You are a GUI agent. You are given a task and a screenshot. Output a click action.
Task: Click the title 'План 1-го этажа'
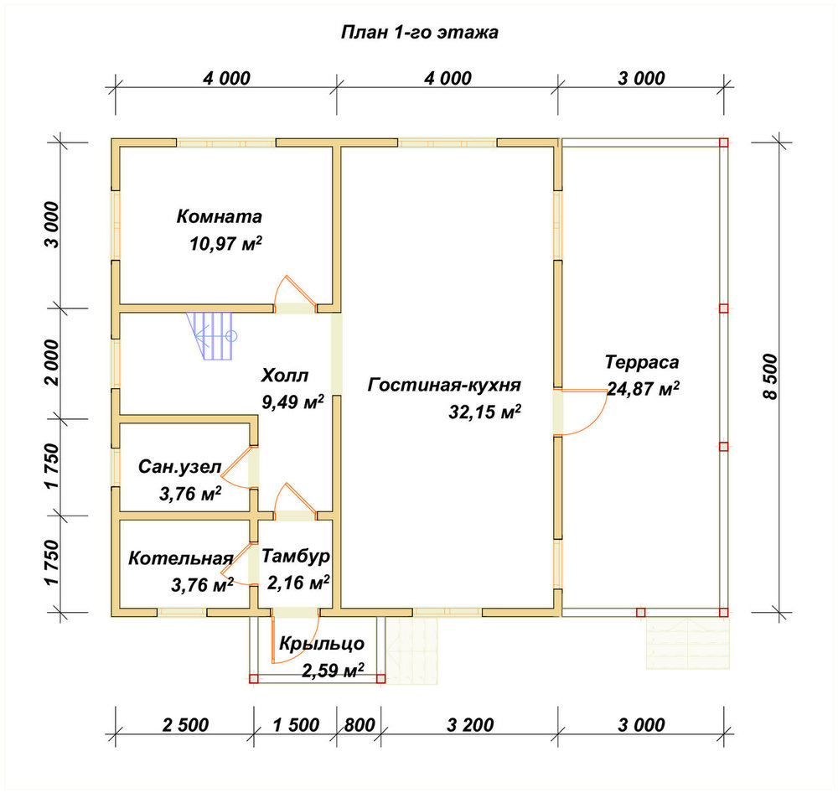(x=420, y=33)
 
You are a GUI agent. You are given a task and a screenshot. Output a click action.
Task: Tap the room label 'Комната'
(x=219, y=216)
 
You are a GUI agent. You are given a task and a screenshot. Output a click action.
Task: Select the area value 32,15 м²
(x=484, y=412)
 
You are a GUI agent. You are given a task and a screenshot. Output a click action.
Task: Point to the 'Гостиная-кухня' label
(x=444, y=385)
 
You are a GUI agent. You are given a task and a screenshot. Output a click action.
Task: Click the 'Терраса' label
(x=642, y=362)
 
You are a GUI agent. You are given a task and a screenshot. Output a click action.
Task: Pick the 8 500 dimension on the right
(x=771, y=376)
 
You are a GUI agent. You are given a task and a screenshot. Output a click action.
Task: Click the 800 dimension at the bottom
(x=360, y=725)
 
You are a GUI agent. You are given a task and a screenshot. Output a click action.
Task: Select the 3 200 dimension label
(x=470, y=725)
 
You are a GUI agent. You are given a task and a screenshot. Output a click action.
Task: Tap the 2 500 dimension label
(x=185, y=725)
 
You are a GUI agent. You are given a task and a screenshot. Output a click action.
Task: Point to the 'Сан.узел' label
(x=179, y=467)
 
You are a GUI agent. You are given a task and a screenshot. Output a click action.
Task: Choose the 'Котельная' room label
(x=181, y=558)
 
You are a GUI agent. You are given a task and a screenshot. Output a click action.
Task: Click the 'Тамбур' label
(x=296, y=556)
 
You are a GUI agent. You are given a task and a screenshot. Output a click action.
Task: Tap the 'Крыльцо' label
(x=322, y=644)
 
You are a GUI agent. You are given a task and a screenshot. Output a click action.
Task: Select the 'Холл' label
(x=285, y=376)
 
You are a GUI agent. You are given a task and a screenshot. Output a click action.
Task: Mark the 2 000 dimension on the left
(x=52, y=362)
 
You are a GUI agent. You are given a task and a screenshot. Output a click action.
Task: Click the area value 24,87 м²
(x=643, y=389)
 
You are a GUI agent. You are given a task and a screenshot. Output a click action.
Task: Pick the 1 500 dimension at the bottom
(x=296, y=725)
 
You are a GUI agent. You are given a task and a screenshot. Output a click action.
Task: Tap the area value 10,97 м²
(x=225, y=244)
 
